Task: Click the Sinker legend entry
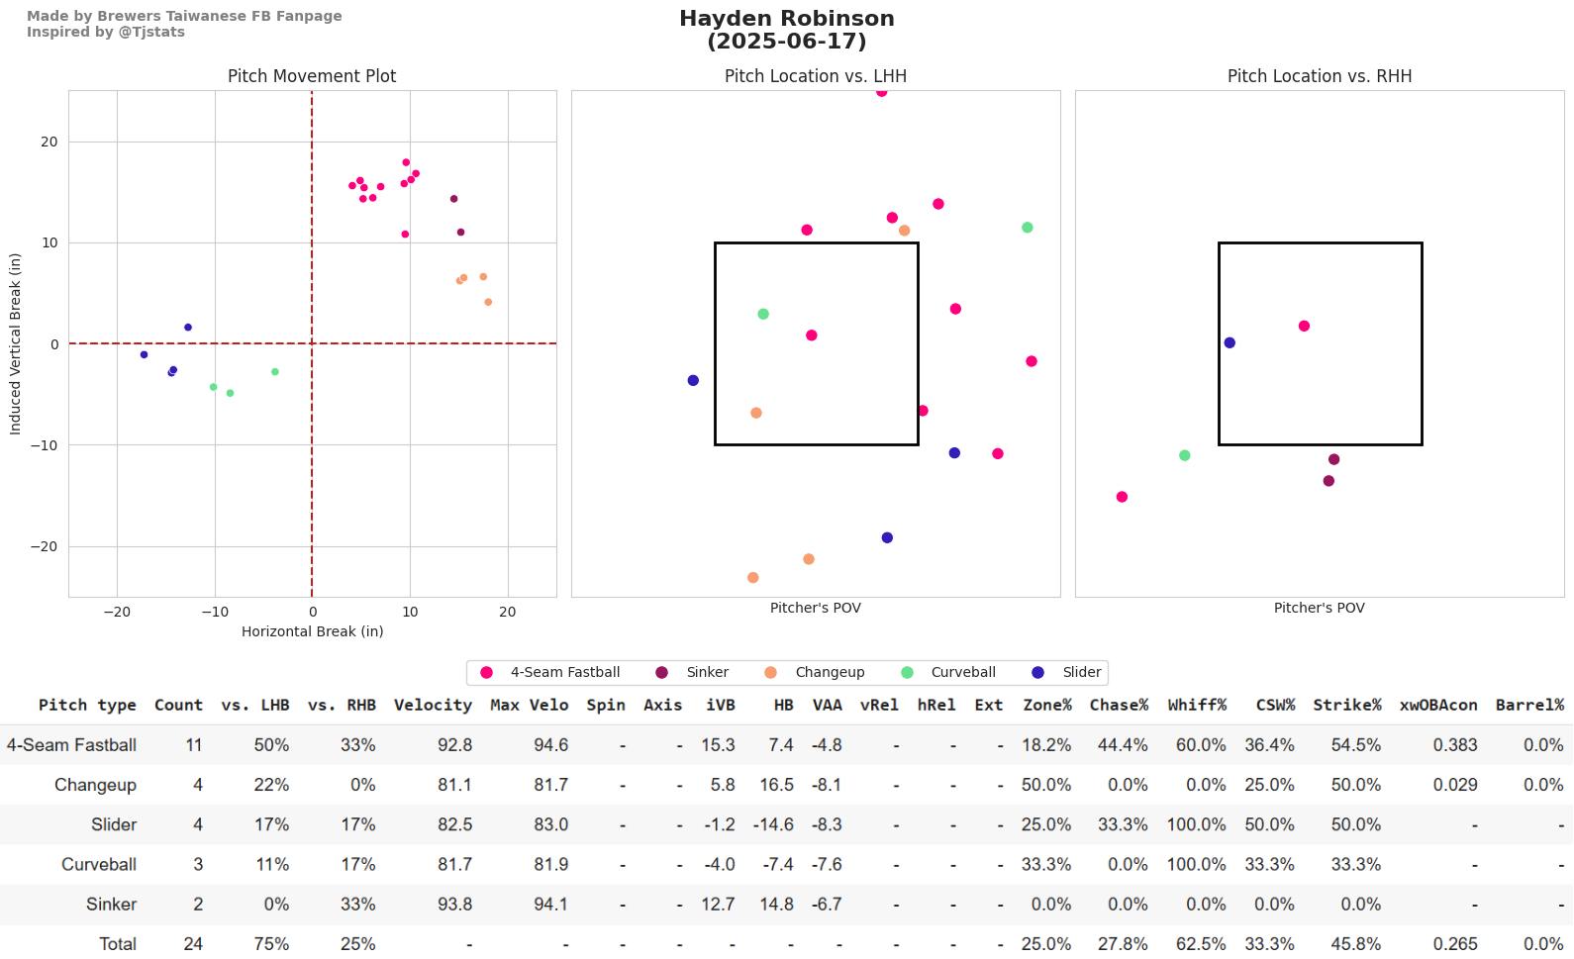[x=707, y=672]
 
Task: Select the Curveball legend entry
[x=962, y=672]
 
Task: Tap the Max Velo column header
[x=529, y=705]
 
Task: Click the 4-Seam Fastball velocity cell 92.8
[x=454, y=745]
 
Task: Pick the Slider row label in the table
[x=114, y=824]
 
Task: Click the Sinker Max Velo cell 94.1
[x=550, y=904]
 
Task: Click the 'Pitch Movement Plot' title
[x=312, y=76]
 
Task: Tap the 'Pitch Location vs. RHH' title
[x=1319, y=76]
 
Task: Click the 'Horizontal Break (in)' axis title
[x=312, y=631]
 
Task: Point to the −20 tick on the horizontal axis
[x=117, y=612]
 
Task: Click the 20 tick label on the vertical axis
[x=49, y=142]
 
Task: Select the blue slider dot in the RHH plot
[x=1230, y=343]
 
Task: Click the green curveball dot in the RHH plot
[x=1185, y=456]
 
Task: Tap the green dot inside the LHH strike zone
[x=763, y=315]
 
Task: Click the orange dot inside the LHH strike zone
[x=756, y=413]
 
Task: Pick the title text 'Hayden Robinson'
[x=786, y=19]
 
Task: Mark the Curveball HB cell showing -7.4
[x=777, y=864]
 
